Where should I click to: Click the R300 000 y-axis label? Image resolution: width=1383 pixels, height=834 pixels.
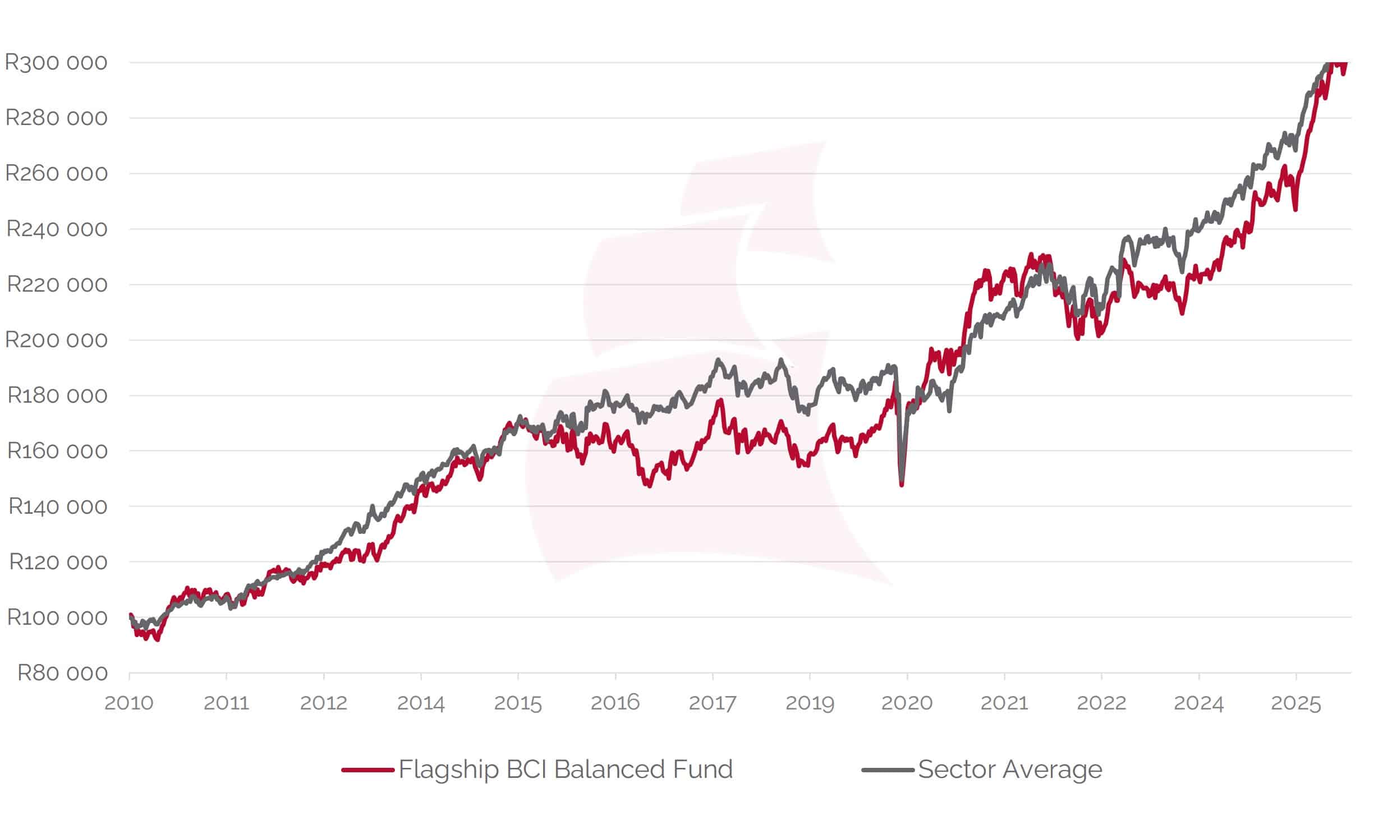pyautogui.click(x=56, y=62)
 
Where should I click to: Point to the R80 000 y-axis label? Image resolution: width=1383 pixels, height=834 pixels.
pyautogui.click(x=62, y=672)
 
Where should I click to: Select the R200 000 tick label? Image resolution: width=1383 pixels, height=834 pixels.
pyautogui.click(x=56, y=340)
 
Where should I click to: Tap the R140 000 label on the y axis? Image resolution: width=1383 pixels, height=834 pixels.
pyautogui.click(x=58, y=506)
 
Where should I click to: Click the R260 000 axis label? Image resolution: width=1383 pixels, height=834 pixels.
pyautogui.click(x=56, y=173)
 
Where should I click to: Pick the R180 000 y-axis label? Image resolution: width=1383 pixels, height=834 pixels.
pyautogui.click(x=57, y=395)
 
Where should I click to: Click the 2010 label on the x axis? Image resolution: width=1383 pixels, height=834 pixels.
pyautogui.click(x=129, y=703)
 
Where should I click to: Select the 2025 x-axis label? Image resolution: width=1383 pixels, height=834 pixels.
pyautogui.click(x=1295, y=703)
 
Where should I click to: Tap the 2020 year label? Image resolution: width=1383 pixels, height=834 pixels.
pyautogui.click(x=907, y=703)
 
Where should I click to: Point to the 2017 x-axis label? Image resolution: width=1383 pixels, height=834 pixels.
pyautogui.click(x=713, y=703)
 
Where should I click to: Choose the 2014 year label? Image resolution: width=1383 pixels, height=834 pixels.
pyautogui.click(x=420, y=703)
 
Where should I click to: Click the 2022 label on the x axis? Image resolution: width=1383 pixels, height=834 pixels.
pyautogui.click(x=1101, y=703)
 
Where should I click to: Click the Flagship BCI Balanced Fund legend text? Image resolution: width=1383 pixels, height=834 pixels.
pyautogui.click(x=565, y=770)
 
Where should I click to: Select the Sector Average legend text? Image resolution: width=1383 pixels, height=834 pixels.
pyautogui.click(x=1010, y=770)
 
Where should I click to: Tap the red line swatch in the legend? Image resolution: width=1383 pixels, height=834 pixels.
pyautogui.click(x=367, y=770)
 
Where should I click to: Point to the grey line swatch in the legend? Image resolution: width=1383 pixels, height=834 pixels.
pyautogui.click(x=888, y=770)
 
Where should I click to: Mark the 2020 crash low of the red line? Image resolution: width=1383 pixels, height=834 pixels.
pyautogui.click(x=902, y=485)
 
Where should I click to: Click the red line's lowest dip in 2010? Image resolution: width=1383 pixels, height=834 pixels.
pyautogui.click(x=157, y=639)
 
